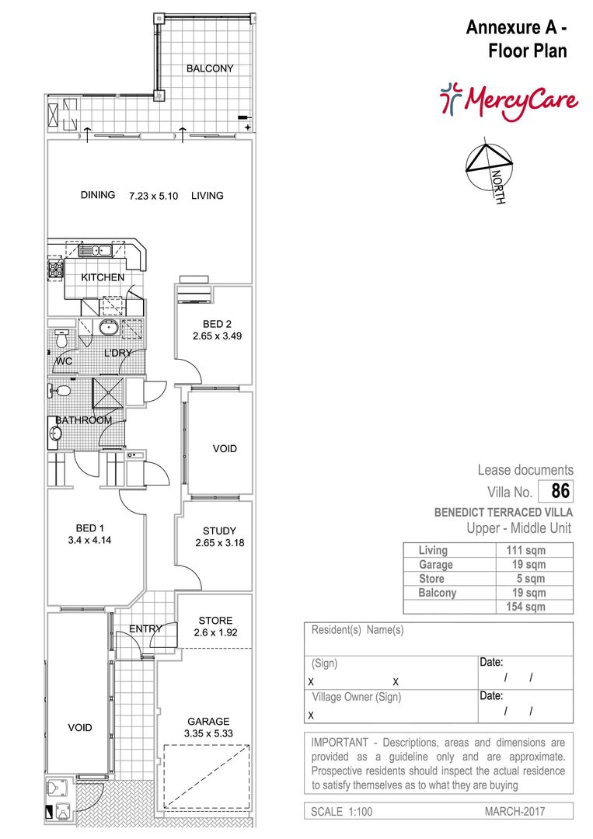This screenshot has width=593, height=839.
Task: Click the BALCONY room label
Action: [210, 68]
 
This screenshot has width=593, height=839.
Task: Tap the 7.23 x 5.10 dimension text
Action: [154, 196]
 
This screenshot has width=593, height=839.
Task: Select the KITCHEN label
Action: [103, 277]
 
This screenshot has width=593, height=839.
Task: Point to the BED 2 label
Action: [218, 324]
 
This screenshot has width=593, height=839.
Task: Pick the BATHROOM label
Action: [84, 420]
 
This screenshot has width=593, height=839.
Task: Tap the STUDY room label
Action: [219, 531]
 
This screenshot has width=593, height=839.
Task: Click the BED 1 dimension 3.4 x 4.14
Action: [89, 541]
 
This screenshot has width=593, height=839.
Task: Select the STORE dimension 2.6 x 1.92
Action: [216, 632]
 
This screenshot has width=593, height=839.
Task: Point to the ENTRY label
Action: [145, 628]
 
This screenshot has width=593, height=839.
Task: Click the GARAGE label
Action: [208, 721]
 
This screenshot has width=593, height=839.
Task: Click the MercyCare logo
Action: [509, 100]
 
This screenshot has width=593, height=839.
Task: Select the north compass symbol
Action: [489, 168]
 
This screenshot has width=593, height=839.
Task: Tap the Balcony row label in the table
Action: [438, 592]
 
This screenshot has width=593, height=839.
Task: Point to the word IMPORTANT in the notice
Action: [340, 743]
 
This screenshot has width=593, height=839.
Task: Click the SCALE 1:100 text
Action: [341, 811]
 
